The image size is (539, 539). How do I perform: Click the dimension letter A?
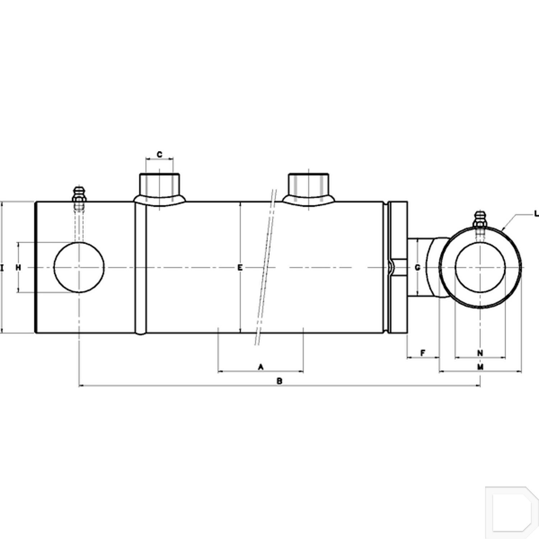(x=261, y=367)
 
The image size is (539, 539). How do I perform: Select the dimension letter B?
(x=279, y=381)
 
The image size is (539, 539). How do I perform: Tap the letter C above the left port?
(x=160, y=155)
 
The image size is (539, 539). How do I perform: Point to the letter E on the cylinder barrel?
(x=240, y=267)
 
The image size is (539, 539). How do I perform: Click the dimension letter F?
(x=423, y=353)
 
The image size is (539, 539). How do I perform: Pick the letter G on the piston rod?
(x=417, y=267)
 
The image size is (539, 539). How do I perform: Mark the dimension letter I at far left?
(x=2, y=267)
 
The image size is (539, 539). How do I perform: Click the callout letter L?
(x=536, y=214)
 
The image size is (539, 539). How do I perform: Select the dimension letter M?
(x=480, y=367)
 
